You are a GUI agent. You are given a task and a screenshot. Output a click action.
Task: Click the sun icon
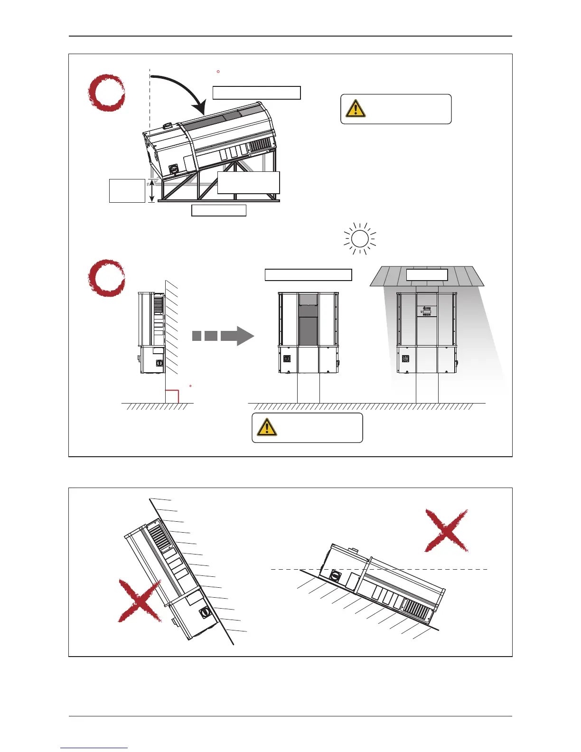click(360, 238)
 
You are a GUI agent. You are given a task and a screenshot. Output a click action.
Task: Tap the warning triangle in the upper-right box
click(356, 109)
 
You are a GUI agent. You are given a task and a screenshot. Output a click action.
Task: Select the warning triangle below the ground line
click(267, 427)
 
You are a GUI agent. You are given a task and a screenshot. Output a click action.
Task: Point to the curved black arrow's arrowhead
click(203, 108)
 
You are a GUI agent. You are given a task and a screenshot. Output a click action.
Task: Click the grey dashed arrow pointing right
click(223, 336)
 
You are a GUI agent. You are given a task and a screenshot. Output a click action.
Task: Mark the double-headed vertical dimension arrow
click(151, 191)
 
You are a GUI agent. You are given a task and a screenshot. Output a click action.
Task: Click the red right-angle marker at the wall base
click(172, 396)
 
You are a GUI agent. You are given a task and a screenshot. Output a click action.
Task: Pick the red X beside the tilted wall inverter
click(139, 601)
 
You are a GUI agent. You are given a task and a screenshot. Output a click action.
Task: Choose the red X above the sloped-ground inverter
click(446, 530)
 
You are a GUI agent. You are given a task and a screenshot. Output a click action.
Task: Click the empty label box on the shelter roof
click(427, 275)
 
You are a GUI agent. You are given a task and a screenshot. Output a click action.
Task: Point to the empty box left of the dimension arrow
click(127, 191)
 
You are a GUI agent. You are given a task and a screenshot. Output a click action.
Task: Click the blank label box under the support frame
click(219, 211)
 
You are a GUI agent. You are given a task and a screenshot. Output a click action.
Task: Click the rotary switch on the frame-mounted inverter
click(173, 169)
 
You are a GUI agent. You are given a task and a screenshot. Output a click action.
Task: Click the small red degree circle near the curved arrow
click(218, 72)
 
